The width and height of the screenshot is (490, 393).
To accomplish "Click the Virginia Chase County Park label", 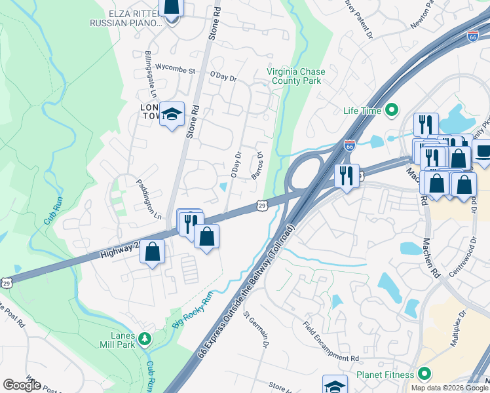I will [293, 76].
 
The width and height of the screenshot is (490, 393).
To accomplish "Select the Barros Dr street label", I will [257, 166].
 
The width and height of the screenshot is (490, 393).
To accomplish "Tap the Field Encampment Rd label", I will [331, 341].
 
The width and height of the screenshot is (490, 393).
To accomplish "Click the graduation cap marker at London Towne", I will [172, 114].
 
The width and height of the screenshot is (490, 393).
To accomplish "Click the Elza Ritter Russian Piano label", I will [126, 18].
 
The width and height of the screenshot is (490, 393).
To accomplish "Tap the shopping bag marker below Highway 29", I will [152, 252].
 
